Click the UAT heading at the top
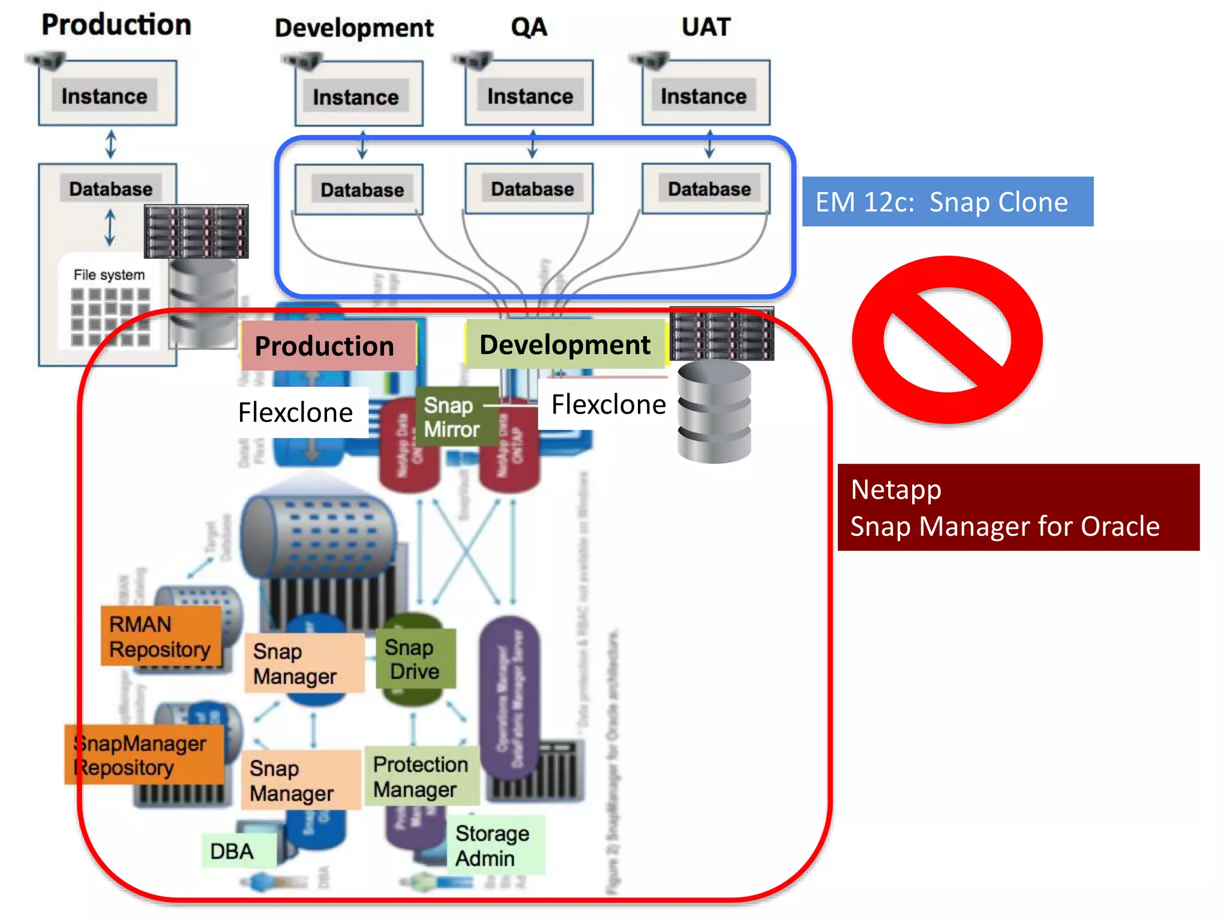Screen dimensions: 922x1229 (x=706, y=27)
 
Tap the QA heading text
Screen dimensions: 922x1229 (x=529, y=27)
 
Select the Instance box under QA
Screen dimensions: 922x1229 (x=529, y=95)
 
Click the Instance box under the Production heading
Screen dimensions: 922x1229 (x=106, y=95)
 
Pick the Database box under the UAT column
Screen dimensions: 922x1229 (x=708, y=189)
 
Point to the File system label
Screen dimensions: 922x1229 (x=109, y=275)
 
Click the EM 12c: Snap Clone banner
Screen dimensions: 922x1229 (x=947, y=202)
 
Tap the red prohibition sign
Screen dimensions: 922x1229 (x=947, y=340)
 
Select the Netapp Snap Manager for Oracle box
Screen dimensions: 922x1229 (x=1018, y=507)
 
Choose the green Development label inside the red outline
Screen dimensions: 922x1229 (x=565, y=345)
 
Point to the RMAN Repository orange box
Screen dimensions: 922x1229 (x=160, y=636)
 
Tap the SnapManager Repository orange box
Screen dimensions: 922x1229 (x=144, y=755)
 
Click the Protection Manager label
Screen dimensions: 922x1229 (x=421, y=776)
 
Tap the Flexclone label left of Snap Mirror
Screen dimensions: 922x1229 (x=295, y=412)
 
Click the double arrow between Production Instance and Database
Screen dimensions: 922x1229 (x=110, y=144)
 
